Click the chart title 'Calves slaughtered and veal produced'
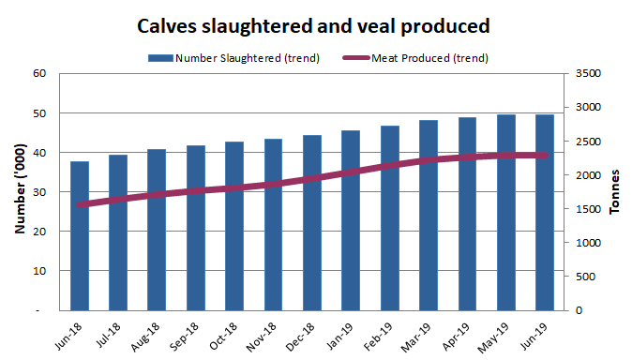tap(313, 25)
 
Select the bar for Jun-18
tap(80, 235)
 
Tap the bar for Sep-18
tap(196, 228)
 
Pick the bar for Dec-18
tap(312, 222)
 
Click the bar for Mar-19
tap(429, 215)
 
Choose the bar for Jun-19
tap(544, 212)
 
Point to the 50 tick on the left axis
tap(38, 113)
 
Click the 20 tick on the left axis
tap(38, 232)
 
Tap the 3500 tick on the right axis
tap(580, 74)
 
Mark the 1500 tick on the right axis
tap(580, 209)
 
